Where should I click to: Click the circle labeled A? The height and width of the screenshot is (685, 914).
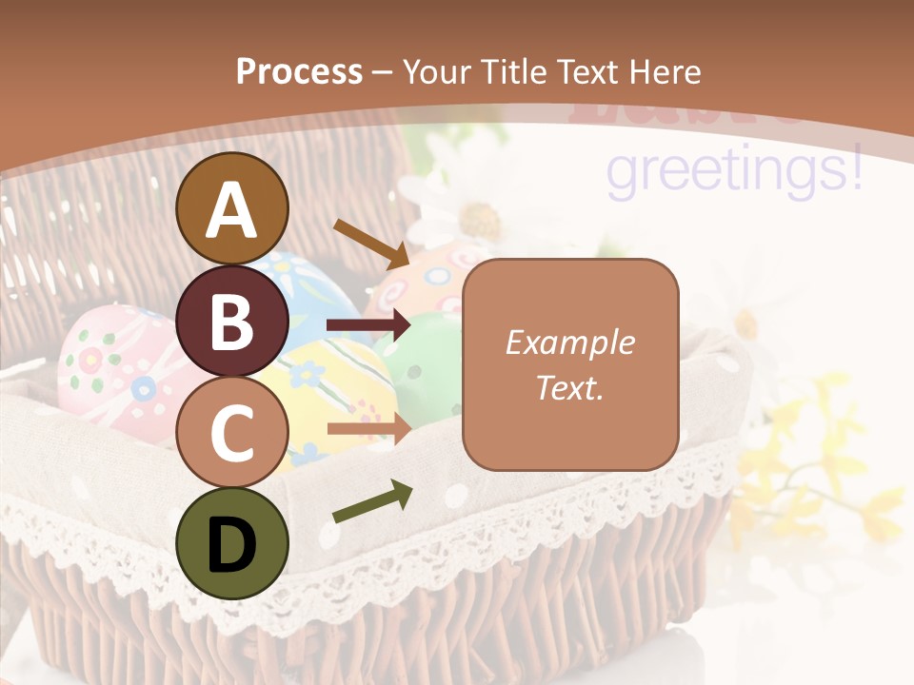click(x=231, y=209)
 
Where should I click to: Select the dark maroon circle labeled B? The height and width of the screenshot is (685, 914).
click(x=231, y=321)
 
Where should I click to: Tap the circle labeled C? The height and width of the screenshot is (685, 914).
click(x=231, y=432)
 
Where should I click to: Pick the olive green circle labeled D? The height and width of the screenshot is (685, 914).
click(x=231, y=543)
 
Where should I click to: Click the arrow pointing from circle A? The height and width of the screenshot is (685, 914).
click(x=370, y=243)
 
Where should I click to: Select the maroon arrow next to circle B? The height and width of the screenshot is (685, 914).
click(x=368, y=325)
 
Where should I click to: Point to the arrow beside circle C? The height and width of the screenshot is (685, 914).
click(x=368, y=429)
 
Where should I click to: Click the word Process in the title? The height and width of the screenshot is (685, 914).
click(x=299, y=72)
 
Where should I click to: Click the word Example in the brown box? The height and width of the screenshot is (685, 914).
click(x=569, y=342)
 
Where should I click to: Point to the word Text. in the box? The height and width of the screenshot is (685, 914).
click(x=569, y=387)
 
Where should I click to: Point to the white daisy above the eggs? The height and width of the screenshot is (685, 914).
click(x=467, y=209)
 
